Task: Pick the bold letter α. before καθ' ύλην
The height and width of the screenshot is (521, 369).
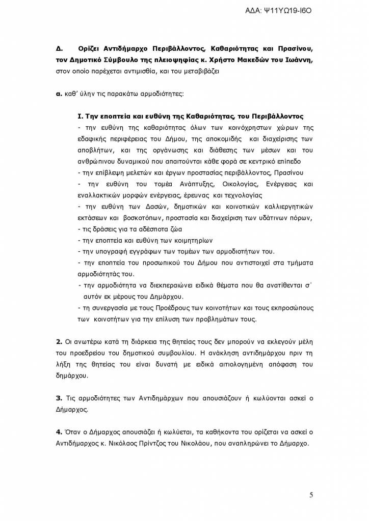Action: coord(58,93)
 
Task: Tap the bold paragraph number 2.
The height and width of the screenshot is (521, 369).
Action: coord(58,340)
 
